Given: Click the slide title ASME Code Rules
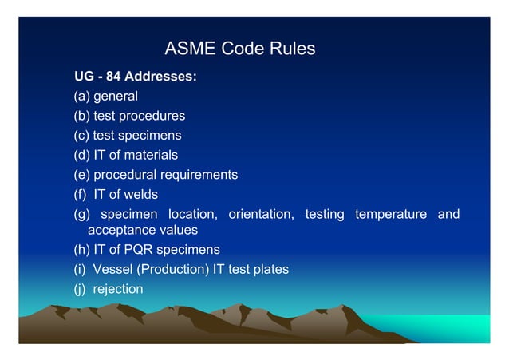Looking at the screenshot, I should click(239, 49).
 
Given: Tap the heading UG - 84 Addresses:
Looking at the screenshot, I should click(136, 77).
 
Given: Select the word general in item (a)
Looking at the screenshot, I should click(116, 97).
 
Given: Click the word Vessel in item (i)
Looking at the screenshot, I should click(112, 269).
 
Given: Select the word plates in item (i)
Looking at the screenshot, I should click(270, 269).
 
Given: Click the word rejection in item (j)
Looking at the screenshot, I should click(118, 288).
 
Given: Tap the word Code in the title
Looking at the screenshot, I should click(241, 49).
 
